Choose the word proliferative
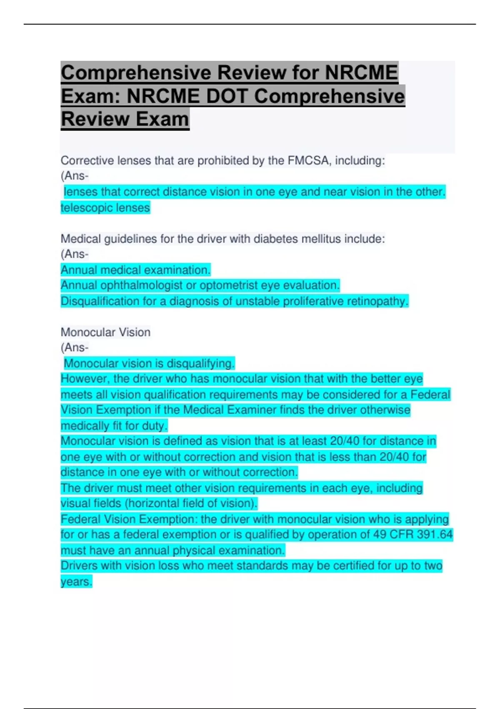(x=307, y=301)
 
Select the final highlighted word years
(x=76, y=582)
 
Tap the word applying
(x=427, y=519)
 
